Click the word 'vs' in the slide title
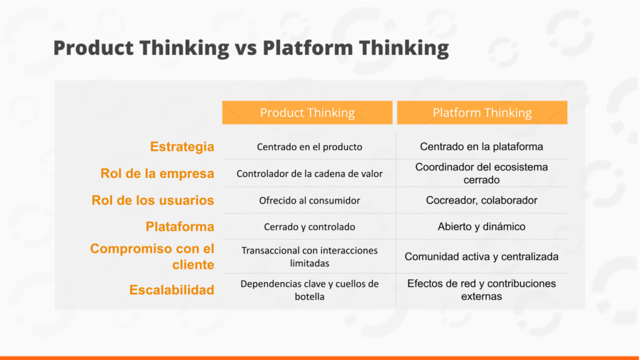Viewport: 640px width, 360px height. (246, 48)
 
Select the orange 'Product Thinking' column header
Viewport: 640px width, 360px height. (307, 112)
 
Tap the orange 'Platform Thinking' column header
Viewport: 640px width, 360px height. (482, 112)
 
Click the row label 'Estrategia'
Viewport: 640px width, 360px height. (182, 146)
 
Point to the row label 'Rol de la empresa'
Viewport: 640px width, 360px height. (157, 174)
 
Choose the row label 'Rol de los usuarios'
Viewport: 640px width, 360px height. (152, 201)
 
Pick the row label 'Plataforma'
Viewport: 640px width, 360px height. (180, 226)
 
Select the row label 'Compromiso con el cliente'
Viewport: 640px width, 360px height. (152, 256)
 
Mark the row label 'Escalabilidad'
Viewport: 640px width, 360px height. (172, 290)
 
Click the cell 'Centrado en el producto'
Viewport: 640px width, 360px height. (309, 147)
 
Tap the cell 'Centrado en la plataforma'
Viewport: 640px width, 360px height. (482, 146)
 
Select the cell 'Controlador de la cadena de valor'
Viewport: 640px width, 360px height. (309, 174)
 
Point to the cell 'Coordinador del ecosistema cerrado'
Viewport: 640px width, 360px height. (482, 174)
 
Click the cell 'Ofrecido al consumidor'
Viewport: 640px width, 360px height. (309, 201)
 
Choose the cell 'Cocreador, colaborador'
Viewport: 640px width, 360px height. (482, 201)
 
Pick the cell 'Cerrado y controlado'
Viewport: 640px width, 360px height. (309, 227)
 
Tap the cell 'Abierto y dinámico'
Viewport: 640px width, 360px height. (482, 226)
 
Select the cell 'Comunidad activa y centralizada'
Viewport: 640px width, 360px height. (482, 257)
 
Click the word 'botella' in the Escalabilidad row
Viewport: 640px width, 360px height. (309, 297)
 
